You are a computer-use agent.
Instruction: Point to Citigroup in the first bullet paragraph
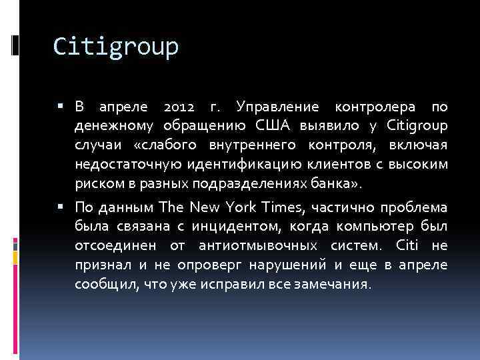tap(417, 125)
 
